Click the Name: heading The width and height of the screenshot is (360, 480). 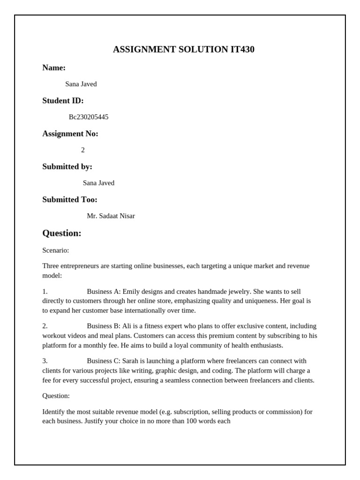[x=54, y=68]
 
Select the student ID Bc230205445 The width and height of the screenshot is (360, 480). [x=89, y=117]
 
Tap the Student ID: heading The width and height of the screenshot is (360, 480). [x=63, y=101]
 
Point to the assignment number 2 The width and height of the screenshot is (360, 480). [x=83, y=150]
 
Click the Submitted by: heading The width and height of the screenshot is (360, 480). [x=67, y=167]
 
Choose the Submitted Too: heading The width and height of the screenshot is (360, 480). [x=70, y=200]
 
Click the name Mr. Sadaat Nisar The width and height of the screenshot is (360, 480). [x=111, y=216]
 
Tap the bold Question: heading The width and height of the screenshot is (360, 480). [x=62, y=233]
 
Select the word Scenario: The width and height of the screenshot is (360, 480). [x=55, y=250]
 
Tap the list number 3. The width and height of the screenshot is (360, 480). [x=45, y=361]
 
